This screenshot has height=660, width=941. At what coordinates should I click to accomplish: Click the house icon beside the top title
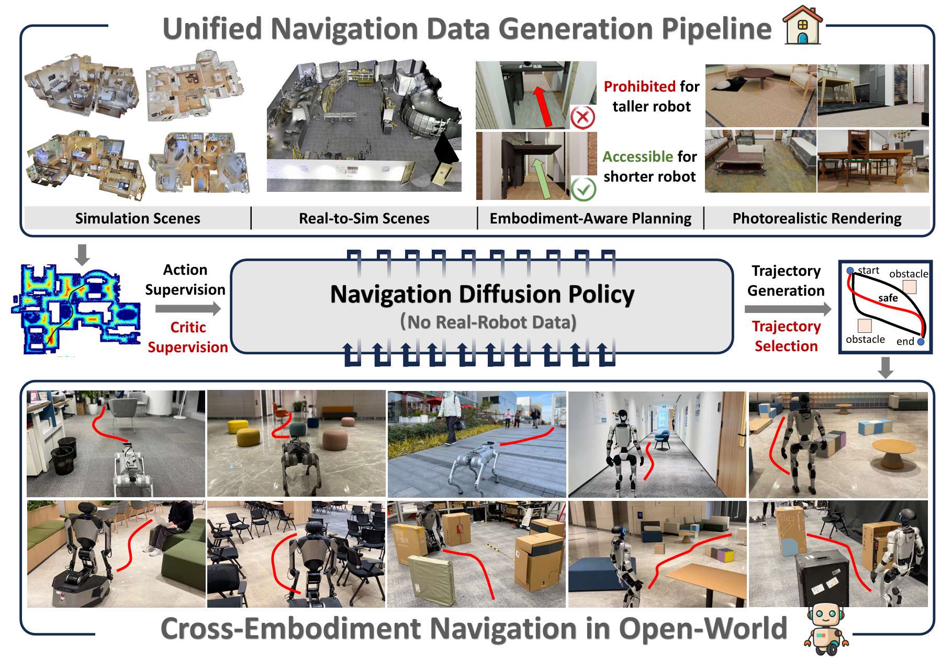[802, 26]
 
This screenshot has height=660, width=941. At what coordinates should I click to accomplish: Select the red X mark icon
[582, 117]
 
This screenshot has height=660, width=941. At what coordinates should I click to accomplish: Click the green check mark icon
[583, 189]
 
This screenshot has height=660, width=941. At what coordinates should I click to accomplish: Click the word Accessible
[638, 156]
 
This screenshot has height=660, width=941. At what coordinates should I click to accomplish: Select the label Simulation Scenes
[138, 218]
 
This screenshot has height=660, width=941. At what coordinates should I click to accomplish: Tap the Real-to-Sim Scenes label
[364, 218]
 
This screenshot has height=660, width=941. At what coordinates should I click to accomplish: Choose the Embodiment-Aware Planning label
[590, 218]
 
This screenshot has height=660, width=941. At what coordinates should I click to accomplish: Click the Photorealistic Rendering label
[816, 218]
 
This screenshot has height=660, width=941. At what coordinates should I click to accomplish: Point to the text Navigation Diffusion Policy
[482, 294]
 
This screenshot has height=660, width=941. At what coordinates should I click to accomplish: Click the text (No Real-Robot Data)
[488, 322]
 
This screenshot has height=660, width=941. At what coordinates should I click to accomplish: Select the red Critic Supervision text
[187, 337]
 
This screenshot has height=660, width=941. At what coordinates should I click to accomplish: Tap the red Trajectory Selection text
[786, 336]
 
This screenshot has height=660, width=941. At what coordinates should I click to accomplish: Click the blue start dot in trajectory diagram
[850, 271]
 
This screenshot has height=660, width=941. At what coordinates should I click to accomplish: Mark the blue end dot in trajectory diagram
[921, 342]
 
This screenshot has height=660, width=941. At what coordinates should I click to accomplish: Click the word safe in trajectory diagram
[888, 298]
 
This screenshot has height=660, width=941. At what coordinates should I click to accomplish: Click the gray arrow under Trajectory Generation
[787, 309]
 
